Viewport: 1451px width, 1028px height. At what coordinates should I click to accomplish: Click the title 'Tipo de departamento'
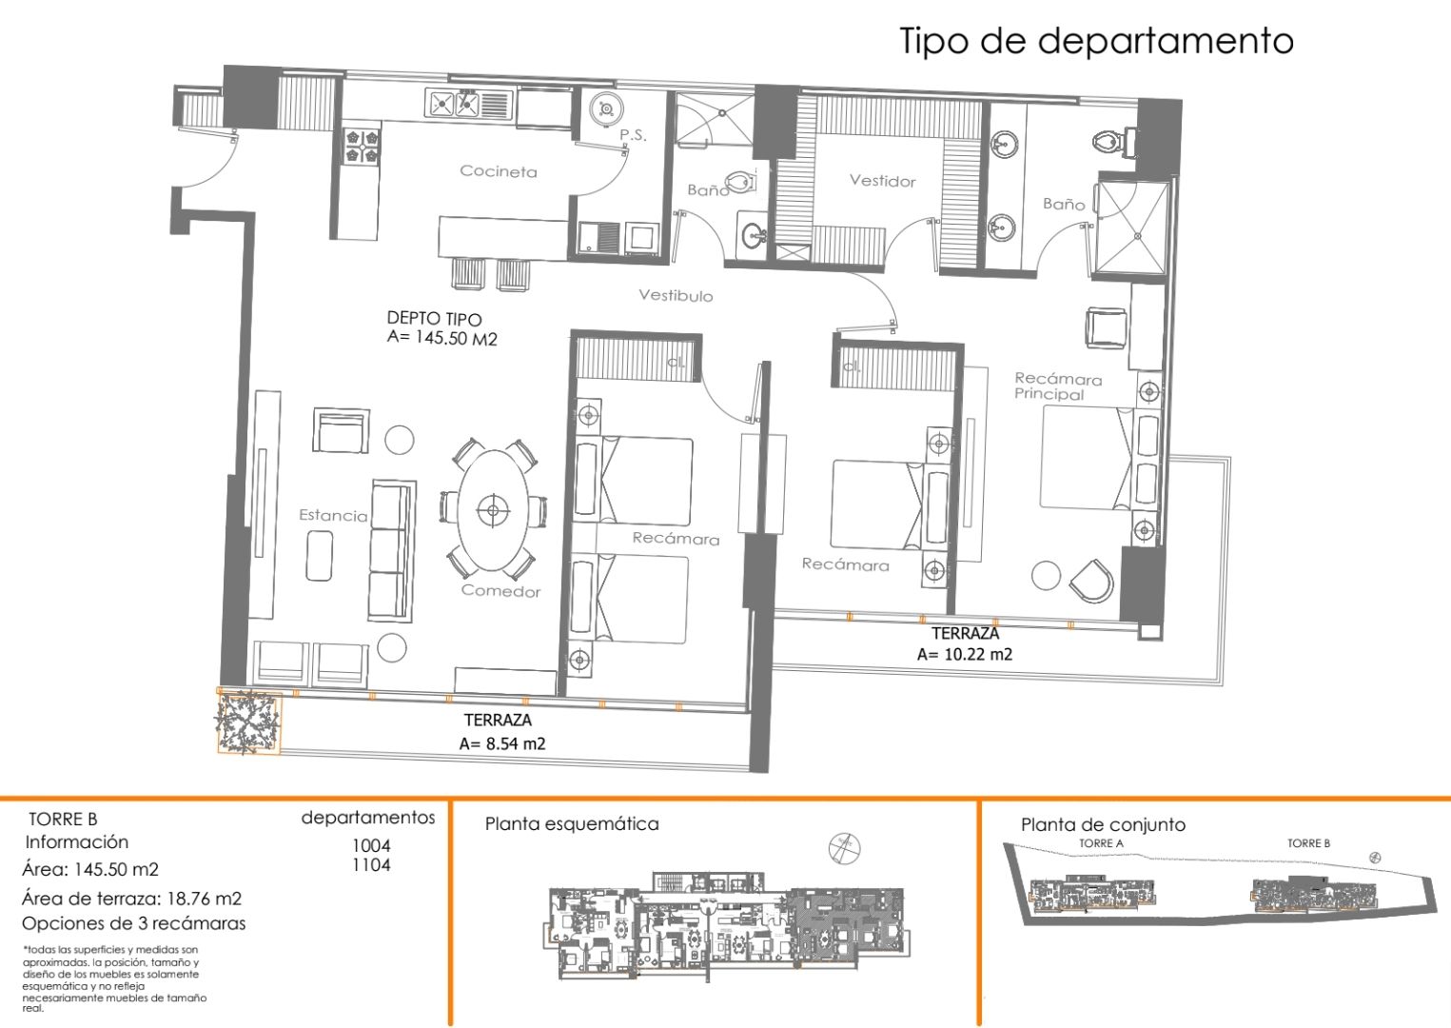[1096, 41]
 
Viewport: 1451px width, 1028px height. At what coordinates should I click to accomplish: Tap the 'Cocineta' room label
[498, 171]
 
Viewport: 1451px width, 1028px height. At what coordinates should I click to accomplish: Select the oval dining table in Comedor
[492, 510]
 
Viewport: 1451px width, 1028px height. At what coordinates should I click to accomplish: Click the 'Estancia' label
[332, 515]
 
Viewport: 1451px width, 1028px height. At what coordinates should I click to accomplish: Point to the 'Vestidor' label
[882, 181]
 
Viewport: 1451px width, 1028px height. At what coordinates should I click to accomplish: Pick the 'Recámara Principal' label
[1057, 386]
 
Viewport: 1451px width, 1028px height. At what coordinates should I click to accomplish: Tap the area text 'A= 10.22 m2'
[964, 654]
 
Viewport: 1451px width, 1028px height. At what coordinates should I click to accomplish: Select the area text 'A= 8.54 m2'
[501, 743]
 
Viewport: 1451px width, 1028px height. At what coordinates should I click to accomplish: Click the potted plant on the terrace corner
[248, 722]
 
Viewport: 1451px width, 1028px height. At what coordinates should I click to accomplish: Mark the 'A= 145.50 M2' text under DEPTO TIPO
[441, 338]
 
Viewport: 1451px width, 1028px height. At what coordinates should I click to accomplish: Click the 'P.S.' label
[633, 135]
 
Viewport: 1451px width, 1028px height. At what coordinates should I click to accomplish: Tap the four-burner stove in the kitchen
[362, 145]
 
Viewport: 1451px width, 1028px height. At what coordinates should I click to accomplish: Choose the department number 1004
[371, 845]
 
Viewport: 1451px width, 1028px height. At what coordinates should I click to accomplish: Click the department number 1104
[371, 865]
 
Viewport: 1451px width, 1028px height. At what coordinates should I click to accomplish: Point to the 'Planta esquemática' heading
[571, 823]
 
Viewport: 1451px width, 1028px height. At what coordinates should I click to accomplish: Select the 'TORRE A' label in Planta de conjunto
[1101, 843]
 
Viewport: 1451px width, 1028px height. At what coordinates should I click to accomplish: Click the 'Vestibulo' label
[676, 295]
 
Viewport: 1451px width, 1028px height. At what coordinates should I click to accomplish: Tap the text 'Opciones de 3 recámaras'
[133, 923]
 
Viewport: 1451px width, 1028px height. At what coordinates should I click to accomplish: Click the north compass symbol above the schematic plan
[844, 847]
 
